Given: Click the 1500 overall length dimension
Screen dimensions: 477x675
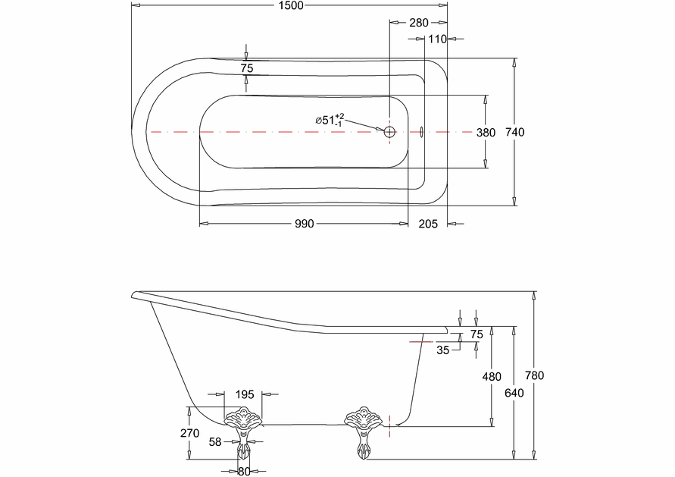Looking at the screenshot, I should [x=291, y=6].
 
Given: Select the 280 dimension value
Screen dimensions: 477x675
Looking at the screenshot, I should [x=418, y=23].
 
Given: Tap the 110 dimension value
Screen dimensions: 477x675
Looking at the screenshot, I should [x=437, y=39].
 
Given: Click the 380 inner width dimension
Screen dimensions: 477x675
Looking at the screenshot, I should [x=486, y=132].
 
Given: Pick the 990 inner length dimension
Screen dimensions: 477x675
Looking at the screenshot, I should [x=305, y=224].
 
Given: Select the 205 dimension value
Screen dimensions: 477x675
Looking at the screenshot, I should [x=428, y=224].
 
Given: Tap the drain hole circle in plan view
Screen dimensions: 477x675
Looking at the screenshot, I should [x=389, y=132].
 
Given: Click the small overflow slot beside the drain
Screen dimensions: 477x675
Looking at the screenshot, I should [x=422, y=132].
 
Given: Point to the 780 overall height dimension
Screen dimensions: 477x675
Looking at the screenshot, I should [x=536, y=375].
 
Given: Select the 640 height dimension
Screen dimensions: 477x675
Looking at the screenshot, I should [x=514, y=392].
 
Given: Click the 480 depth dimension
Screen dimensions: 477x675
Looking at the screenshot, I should [x=493, y=375].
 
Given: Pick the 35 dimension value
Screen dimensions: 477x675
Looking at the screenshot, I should [x=443, y=350].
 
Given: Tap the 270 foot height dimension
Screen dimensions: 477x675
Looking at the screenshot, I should [x=190, y=434].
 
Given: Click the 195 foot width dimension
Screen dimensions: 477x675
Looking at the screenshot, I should [x=244, y=394].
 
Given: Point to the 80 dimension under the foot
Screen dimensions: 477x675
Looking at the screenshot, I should [x=243, y=471].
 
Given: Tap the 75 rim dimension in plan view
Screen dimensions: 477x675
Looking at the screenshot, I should [x=246, y=68].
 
